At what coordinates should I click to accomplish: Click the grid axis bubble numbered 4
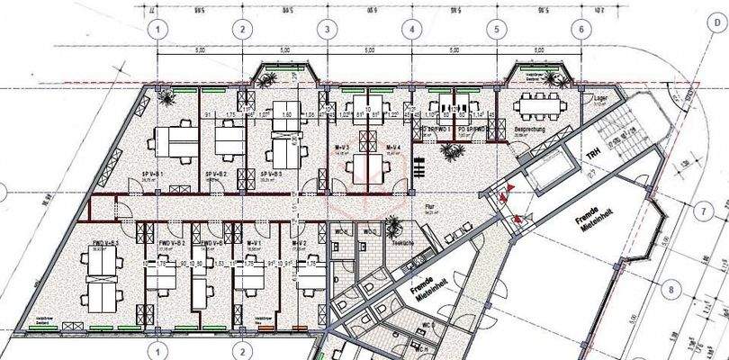click(x=410, y=29)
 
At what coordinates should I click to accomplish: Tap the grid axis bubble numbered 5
click(x=496, y=29)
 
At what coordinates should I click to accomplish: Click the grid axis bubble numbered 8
click(x=667, y=290)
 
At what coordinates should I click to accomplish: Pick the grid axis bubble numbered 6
click(x=581, y=29)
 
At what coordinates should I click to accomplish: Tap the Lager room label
click(x=601, y=98)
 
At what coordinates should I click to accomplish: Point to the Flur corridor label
click(x=429, y=207)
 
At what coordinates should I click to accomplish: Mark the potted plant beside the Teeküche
click(x=393, y=220)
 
